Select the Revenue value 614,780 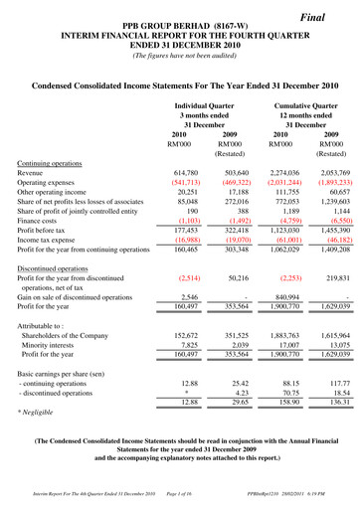coord(201,172)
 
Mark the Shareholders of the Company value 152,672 coord(201,362)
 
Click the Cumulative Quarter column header coord(307,103)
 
